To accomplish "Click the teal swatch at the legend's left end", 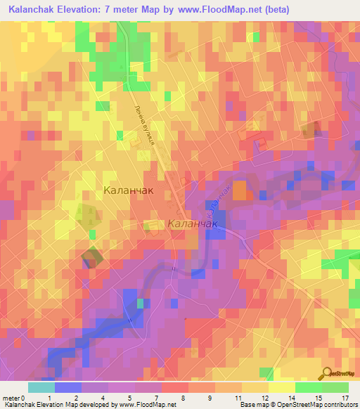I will pyautogui.click(x=41, y=387).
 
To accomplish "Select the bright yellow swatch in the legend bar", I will pyautogui.click(x=281, y=387).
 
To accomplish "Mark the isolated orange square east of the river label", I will pyautogui.click(x=240, y=190).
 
